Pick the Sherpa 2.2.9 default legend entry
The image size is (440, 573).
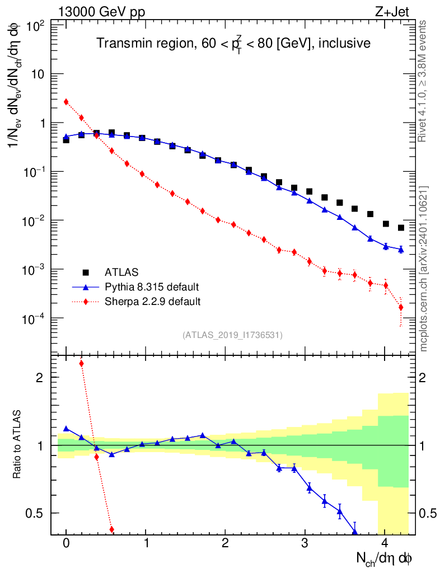pyautogui.click(x=153, y=302)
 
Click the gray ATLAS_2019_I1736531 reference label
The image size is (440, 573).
pyautogui.click(x=232, y=335)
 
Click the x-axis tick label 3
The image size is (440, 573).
pyautogui.click(x=305, y=544)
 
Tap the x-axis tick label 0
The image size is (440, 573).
pyautogui.click(x=66, y=544)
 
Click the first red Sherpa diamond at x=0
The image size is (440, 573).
pyautogui.click(x=66, y=102)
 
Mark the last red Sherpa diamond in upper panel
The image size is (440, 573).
pyautogui.click(x=401, y=307)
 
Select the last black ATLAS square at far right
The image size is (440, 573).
pyautogui.click(x=401, y=228)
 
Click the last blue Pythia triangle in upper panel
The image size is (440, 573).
pyautogui.click(x=401, y=250)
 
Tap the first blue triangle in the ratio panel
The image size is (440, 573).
pyautogui.click(x=66, y=429)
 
